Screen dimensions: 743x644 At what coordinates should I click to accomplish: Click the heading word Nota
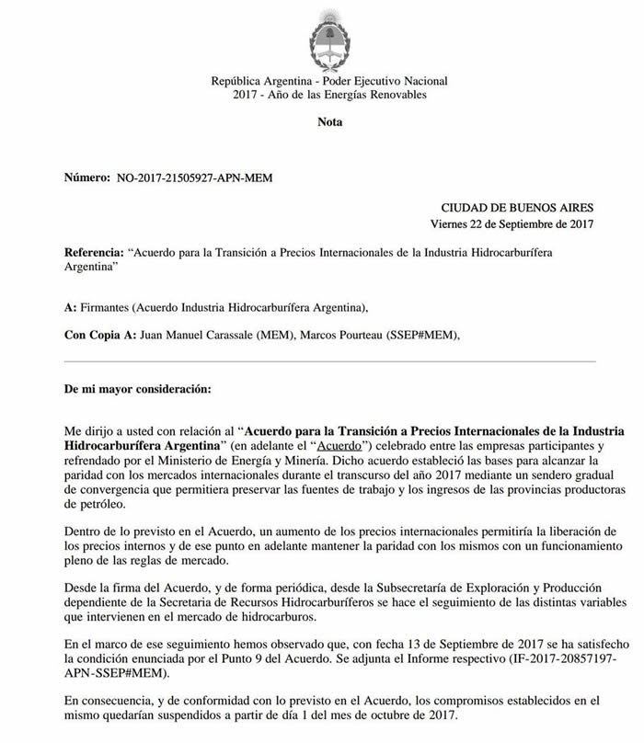(x=329, y=122)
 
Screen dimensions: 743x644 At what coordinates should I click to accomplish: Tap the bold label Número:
(x=86, y=177)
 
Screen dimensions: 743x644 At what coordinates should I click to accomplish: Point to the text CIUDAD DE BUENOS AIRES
(x=518, y=208)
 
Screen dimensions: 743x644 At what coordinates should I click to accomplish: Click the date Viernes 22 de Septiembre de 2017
(x=512, y=224)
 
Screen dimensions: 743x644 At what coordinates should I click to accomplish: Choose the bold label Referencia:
(x=94, y=252)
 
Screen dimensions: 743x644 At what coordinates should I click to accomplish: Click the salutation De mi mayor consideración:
(x=137, y=389)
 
